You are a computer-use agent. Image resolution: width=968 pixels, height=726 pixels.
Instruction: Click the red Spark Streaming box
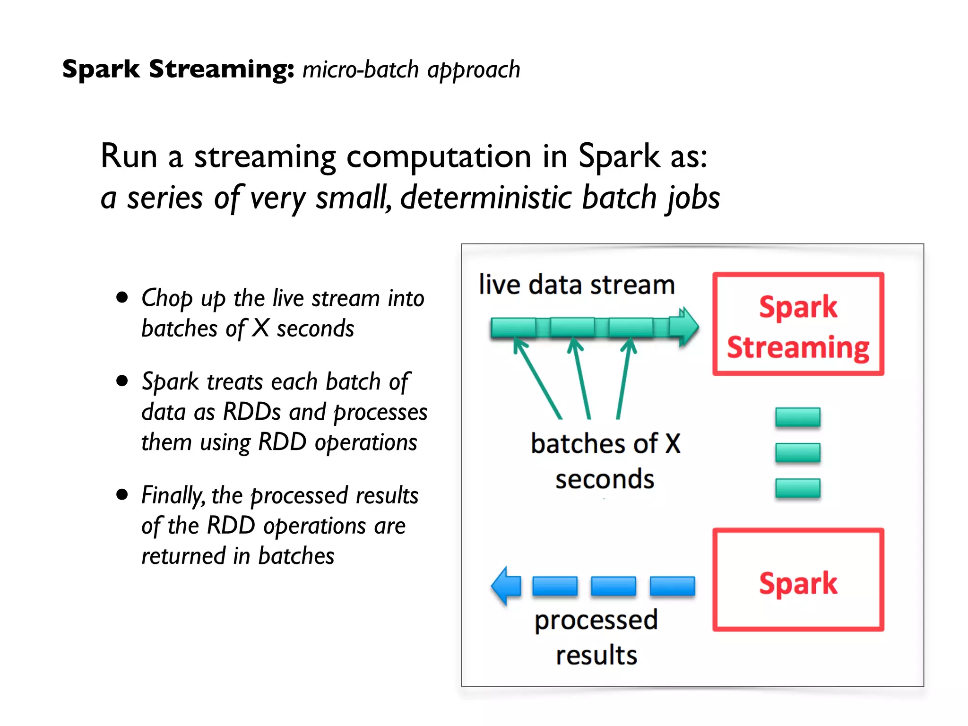tap(798, 324)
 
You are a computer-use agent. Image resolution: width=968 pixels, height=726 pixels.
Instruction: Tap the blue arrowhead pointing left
tap(505, 586)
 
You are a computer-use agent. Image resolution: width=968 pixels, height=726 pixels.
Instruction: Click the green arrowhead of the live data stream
tap(688, 326)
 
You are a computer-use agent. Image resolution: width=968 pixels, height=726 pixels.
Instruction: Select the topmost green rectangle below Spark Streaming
tap(797, 417)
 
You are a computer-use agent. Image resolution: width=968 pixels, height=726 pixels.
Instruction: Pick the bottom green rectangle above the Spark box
tap(797, 488)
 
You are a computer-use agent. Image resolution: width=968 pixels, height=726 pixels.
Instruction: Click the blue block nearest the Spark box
tap(672, 586)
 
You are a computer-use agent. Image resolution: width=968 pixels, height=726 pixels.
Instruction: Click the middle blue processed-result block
tap(613, 586)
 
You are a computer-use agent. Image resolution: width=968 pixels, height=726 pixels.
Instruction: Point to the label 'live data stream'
tap(576, 285)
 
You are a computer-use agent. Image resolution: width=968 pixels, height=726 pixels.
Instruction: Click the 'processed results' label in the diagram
tap(596, 637)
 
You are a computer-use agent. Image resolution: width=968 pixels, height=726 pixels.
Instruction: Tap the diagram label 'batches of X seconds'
tap(605, 461)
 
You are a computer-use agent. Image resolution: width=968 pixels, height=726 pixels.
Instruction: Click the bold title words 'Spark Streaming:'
tap(178, 69)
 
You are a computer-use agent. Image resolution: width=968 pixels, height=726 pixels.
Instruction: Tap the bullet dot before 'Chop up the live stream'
tap(122, 297)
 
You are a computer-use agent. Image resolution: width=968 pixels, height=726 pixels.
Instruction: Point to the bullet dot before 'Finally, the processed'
tap(122, 494)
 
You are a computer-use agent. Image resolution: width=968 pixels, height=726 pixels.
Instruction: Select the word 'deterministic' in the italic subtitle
tap(486, 198)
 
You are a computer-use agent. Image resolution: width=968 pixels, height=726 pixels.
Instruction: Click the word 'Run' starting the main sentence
tap(129, 156)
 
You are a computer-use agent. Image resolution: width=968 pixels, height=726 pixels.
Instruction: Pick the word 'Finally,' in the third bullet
tap(173, 496)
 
